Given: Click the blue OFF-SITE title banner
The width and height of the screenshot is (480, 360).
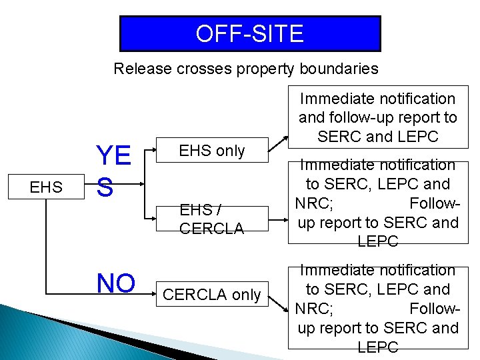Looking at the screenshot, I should [x=250, y=34].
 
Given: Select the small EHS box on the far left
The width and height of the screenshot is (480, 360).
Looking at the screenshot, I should [x=46, y=187].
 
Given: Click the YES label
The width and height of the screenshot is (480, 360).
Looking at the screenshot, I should [x=113, y=171].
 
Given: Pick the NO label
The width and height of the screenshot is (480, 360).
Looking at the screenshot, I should [x=116, y=283].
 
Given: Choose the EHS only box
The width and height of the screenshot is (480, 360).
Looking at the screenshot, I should [x=212, y=151].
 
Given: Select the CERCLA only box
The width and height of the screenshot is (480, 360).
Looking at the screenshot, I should [x=212, y=295].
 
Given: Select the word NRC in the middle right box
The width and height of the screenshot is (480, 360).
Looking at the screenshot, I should [x=314, y=203].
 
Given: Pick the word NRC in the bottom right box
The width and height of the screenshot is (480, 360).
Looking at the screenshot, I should [x=314, y=309].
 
